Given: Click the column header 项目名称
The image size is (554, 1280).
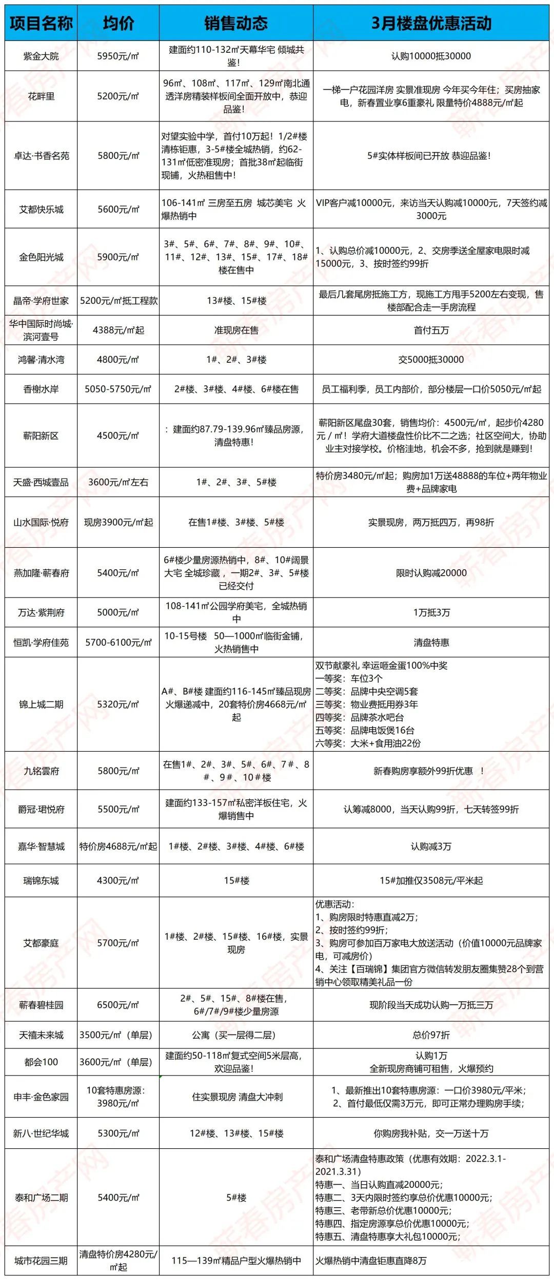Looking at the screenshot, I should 41,23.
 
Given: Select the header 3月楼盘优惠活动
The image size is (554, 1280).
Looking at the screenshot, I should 431,23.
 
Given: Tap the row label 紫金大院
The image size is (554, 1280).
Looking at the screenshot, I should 41,56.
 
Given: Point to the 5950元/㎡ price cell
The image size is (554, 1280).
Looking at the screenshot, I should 118,56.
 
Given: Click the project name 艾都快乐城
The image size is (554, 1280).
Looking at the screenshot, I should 41,209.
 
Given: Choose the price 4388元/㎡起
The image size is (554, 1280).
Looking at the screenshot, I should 118,330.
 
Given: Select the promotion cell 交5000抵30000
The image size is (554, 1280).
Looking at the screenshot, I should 431,360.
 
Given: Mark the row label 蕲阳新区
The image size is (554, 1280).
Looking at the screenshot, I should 41,436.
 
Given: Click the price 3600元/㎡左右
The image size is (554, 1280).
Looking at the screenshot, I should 118,482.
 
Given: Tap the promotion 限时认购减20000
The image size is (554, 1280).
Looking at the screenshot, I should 431,573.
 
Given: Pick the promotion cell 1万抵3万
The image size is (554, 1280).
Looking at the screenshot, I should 431,612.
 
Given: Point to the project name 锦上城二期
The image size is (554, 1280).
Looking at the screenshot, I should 41,705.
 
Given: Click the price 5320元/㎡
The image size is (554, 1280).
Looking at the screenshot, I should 118,705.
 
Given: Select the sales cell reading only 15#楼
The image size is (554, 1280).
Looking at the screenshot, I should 236,880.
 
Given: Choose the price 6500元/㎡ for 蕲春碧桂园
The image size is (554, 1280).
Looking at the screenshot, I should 118,1005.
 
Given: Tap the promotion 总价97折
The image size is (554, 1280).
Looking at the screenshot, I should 431,1035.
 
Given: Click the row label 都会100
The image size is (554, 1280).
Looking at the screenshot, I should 41,1062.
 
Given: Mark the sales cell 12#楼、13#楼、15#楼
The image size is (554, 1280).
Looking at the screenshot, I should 236,1133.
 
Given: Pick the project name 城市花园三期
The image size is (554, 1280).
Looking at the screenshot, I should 41,1261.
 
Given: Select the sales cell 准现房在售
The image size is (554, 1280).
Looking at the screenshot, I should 236,330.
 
